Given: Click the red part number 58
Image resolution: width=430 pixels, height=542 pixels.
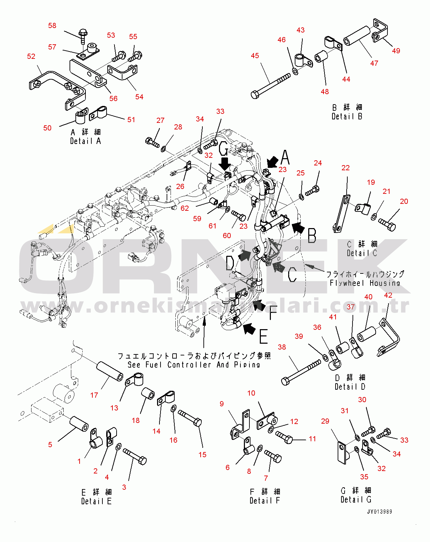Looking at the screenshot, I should coord(52,26).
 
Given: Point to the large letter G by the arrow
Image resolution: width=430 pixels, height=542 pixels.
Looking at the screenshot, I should coord(224,149).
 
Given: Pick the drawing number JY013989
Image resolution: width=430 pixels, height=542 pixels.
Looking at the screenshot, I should coord(379,512).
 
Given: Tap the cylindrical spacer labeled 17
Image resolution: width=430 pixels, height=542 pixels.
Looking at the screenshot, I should coord(110,371).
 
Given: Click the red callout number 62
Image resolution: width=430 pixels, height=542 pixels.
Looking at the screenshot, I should coord(185,208).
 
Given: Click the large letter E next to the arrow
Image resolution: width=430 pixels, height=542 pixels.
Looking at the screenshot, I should coord(264,336).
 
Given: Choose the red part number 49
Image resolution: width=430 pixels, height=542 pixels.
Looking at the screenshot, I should coord(396,51).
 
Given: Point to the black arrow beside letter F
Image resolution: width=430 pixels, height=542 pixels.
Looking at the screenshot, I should coord(258,305).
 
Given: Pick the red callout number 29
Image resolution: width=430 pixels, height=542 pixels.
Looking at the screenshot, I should coord(325,421).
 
